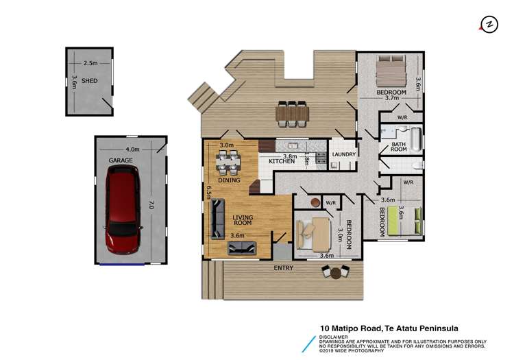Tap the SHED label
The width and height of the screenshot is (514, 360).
pyautogui.click(x=89, y=81)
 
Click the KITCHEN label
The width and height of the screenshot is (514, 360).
pyautogui.click(x=281, y=161)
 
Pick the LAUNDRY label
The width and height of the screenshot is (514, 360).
pyautogui.click(x=343, y=155)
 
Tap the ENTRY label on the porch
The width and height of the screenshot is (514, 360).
pyautogui.click(x=283, y=267)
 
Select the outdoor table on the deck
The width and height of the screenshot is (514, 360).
pyautogui.click(x=293, y=113)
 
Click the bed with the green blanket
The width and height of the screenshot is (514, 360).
pyautogui.click(x=395, y=222)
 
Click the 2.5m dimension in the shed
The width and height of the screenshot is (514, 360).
pyautogui.click(x=90, y=63)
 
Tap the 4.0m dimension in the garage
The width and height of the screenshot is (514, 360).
pyautogui.click(x=132, y=149)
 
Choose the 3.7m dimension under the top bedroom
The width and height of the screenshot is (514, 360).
pyautogui.click(x=391, y=98)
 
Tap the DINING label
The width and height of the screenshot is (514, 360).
pyautogui.click(x=230, y=180)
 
